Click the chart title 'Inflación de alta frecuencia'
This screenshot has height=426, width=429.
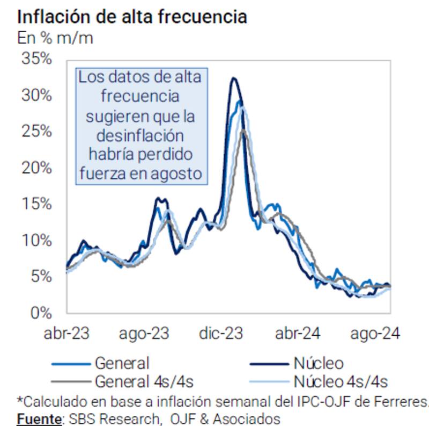(132, 16)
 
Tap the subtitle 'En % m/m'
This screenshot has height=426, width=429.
(55, 39)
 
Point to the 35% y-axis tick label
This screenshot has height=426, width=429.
(36, 59)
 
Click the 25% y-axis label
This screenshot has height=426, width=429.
(36, 131)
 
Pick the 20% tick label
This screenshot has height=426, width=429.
(36, 168)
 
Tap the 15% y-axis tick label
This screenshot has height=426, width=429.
(36, 204)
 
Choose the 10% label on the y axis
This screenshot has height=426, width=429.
(36, 240)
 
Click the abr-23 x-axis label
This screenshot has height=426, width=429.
(66, 333)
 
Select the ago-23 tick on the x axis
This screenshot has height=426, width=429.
(144, 333)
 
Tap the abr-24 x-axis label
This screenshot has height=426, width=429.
(298, 333)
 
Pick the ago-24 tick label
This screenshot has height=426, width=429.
(375, 333)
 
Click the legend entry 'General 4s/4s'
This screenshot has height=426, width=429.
(144, 381)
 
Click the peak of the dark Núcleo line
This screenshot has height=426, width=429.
(233, 78)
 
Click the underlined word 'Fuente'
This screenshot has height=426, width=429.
(37, 418)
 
